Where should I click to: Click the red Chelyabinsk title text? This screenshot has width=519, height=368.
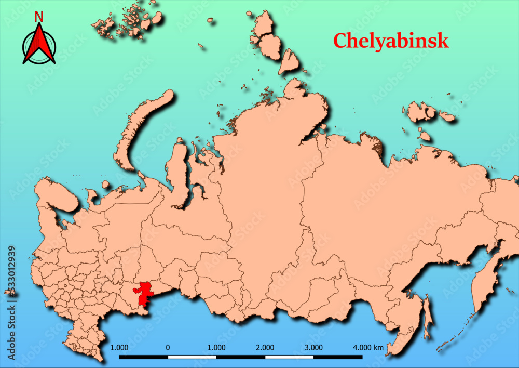[x=390, y=41]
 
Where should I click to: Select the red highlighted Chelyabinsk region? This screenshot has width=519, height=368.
[x=143, y=294]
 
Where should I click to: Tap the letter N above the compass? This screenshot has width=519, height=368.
[x=39, y=17]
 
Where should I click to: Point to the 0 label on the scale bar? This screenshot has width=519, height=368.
[x=168, y=347]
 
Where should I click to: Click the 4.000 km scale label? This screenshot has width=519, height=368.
[x=368, y=347]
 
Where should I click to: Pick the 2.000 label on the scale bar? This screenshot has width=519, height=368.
[x=265, y=347]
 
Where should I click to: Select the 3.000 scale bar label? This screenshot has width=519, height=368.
[x=313, y=347]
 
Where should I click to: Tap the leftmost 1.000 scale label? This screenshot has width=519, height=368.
[x=119, y=347]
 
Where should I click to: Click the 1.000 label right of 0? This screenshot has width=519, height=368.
[x=216, y=347]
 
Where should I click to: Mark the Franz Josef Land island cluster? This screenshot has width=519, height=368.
[x=127, y=21]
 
